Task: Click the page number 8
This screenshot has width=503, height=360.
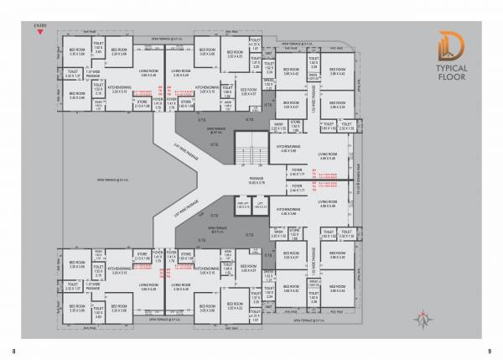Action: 14,350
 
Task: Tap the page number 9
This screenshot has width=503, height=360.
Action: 489,350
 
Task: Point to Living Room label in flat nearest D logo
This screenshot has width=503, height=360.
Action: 328,156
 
